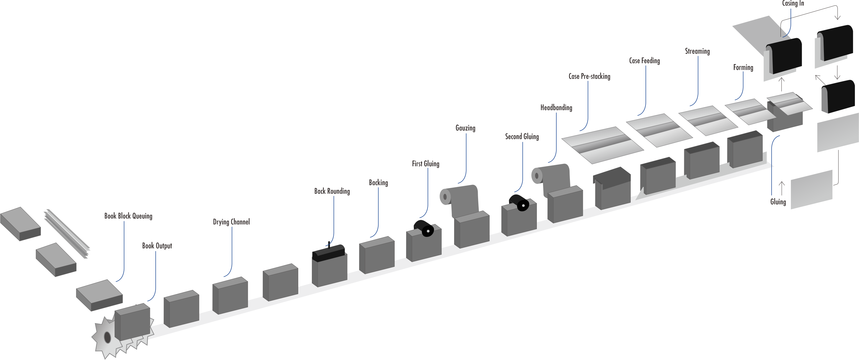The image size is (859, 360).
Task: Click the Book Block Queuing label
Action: pos(128,216)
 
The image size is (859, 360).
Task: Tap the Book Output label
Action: pos(157,246)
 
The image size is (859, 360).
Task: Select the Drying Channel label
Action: pos(231,222)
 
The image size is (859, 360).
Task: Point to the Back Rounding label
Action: pos(332,191)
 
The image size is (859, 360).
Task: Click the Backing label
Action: pos(378,183)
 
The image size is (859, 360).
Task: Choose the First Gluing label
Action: pos(426,164)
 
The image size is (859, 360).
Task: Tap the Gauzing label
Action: pos(465,128)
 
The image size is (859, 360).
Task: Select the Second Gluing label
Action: pos(521,136)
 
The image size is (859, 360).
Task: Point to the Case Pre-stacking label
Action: pos(589,76)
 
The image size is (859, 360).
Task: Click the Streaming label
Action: pos(697,51)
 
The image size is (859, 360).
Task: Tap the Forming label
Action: pos(743,67)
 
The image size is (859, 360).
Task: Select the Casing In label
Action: pos(793,3)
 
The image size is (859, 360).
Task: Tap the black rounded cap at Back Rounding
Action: pos(328,253)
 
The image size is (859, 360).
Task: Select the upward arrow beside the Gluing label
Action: pos(781,188)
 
